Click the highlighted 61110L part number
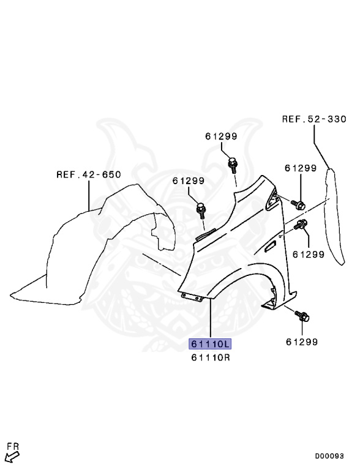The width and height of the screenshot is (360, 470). tap(210, 344)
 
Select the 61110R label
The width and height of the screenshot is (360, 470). tap(211, 357)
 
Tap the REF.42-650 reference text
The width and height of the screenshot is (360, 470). tap(89, 174)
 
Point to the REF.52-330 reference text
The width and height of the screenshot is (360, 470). tap(314, 119)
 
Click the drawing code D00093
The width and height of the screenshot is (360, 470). tap(329, 456)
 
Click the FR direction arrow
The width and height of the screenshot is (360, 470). tap(13, 457)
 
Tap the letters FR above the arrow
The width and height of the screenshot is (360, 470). tap(13, 446)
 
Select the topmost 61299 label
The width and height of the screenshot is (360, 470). tap(221, 136)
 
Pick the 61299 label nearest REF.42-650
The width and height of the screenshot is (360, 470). tap(189, 181)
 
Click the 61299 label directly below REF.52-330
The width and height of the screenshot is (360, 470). tap(301, 168)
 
